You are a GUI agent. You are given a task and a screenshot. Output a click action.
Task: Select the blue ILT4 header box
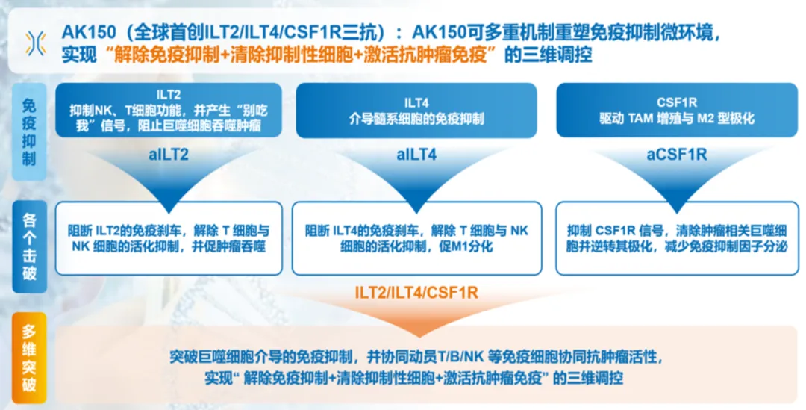416,111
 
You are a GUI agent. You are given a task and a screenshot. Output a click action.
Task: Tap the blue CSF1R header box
677,111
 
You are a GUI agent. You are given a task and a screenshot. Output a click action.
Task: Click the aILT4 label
416,155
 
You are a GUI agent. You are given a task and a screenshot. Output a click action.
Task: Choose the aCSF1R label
677,155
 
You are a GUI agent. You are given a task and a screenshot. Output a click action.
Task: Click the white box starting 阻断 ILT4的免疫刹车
416,238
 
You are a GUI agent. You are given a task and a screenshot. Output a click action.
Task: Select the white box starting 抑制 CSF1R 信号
677,238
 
